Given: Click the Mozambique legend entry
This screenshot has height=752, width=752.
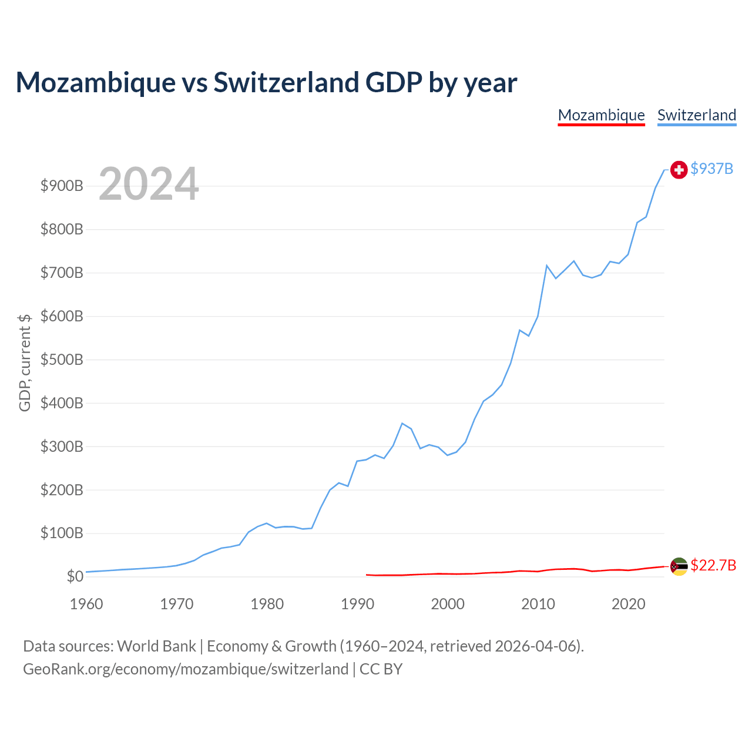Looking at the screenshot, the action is [x=601, y=116].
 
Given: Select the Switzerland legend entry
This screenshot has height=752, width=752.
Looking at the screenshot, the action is [x=697, y=116].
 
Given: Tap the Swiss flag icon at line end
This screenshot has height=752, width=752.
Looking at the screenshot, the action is [x=679, y=170].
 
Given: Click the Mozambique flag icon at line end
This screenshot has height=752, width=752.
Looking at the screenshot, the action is [x=679, y=566].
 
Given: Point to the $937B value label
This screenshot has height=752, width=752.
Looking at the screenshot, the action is [x=712, y=169].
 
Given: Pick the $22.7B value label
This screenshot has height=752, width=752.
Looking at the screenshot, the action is [x=713, y=565].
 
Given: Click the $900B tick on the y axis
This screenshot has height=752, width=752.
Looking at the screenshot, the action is [x=62, y=186].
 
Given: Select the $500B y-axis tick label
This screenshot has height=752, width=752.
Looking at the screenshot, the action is [x=62, y=360].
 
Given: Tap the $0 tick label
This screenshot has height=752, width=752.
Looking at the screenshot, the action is [x=75, y=576].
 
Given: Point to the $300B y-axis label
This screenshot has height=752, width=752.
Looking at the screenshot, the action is [x=62, y=446].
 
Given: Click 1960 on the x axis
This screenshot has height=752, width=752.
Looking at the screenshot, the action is [x=86, y=604].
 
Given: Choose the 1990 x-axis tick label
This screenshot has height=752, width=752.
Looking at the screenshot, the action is [x=357, y=604].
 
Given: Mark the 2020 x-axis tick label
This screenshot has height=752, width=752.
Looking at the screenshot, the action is [x=628, y=604].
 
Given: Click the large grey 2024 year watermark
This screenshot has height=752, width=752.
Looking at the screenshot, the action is [x=149, y=183].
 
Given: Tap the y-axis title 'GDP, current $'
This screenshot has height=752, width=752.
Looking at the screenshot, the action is [x=24, y=362].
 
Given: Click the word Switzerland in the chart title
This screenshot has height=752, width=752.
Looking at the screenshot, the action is [x=286, y=82].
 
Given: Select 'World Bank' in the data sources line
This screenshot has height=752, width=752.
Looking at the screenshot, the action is [x=156, y=646].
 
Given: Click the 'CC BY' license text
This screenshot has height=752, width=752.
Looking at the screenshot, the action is [x=381, y=669].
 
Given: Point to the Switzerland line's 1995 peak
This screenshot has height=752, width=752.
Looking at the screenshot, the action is [x=402, y=423].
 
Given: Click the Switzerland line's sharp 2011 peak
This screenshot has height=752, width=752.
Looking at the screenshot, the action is [x=547, y=266].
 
